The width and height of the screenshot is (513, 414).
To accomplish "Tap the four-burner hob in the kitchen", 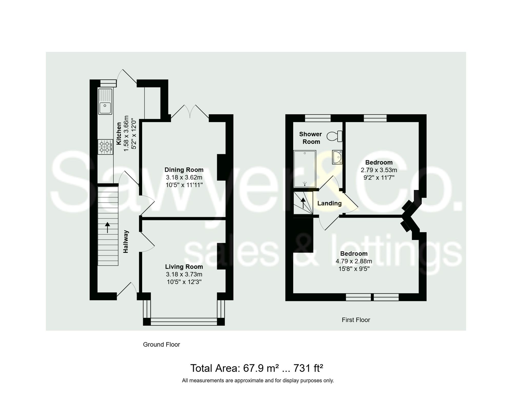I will [x=105, y=147].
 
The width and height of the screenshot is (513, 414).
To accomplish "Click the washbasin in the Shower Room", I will [x=337, y=157].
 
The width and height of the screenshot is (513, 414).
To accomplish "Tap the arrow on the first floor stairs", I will [x=303, y=203].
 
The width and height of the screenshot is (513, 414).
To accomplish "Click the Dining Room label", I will [x=184, y=170].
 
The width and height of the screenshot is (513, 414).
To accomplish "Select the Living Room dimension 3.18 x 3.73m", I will [x=184, y=274].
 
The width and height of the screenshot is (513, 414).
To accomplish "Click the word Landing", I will [x=329, y=203].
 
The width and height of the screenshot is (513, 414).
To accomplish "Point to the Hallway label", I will [x=126, y=242].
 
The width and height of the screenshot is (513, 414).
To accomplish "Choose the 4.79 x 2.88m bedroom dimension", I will [x=354, y=261].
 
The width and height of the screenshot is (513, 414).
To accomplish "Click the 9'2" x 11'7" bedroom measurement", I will [x=379, y=178].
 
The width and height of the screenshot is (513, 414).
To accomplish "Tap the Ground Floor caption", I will [x=161, y=345].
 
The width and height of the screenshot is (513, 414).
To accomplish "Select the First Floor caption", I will [x=356, y=320].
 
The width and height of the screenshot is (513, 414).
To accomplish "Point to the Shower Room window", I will [x=318, y=118].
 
